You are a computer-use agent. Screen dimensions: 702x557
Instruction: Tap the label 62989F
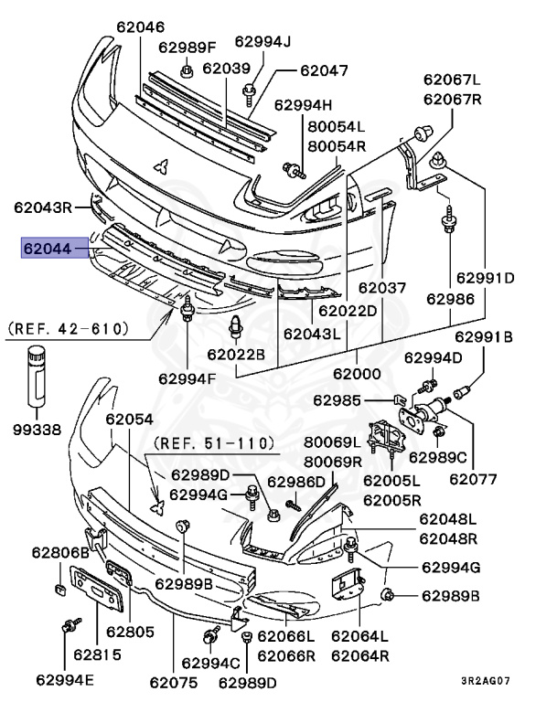tap(187, 48)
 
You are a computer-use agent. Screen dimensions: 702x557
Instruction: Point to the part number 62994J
tap(262, 41)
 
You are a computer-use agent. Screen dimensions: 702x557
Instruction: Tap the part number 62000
tap(357, 374)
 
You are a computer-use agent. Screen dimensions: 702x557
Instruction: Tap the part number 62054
tap(129, 419)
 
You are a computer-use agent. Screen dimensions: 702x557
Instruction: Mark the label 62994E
tap(67, 679)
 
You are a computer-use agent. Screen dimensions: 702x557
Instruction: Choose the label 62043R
tap(42, 207)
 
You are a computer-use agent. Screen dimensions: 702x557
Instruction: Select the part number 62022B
tap(235, 354)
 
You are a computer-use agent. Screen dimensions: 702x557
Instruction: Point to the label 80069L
tap(334, 443)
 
